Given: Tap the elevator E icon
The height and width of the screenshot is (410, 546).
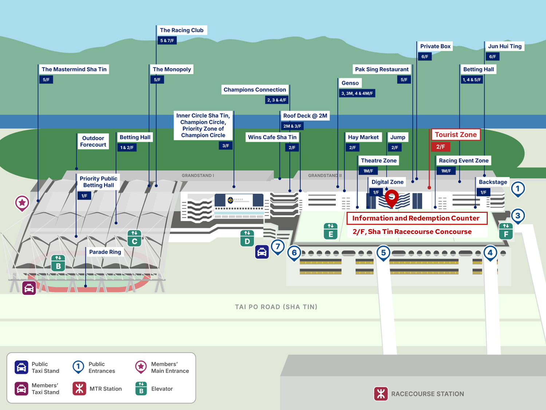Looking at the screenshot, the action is click(331, 231).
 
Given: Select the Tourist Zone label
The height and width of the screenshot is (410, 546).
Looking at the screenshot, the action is click(455, 135).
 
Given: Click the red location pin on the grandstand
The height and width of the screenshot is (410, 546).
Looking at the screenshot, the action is click(392, 198).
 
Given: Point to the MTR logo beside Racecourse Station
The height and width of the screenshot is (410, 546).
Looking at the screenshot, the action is click(381, 394).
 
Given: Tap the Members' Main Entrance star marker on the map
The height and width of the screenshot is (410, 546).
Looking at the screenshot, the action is click(22, 203).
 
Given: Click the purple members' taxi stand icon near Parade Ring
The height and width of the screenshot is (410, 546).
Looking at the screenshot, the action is click(29, 288).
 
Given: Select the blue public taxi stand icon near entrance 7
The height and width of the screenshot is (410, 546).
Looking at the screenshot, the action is click(262, 252).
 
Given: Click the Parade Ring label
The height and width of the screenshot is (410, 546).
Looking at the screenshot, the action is click(105, 252).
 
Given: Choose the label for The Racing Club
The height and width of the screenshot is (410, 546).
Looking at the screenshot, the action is click(182, 30).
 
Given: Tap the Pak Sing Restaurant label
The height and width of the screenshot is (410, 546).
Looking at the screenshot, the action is click(381, 69).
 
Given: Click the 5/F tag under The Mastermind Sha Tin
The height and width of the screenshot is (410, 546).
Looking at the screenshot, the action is click(46, 80).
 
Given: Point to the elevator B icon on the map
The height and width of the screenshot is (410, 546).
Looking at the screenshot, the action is click(58, 263).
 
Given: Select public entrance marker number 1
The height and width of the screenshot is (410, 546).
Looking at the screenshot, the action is click(518, 189).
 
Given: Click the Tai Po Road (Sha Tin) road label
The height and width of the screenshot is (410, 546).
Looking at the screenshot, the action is click(276, 307).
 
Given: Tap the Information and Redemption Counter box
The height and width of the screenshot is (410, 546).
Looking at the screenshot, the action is click(417, 218).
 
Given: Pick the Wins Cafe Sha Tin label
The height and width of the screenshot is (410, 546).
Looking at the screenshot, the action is click(272, 137).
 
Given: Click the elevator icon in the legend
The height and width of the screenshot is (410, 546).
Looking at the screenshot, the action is click(141, 388).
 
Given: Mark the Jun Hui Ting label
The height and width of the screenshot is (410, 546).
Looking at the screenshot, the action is click(505, 46).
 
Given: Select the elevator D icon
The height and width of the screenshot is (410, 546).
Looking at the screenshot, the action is click(247, 238).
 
